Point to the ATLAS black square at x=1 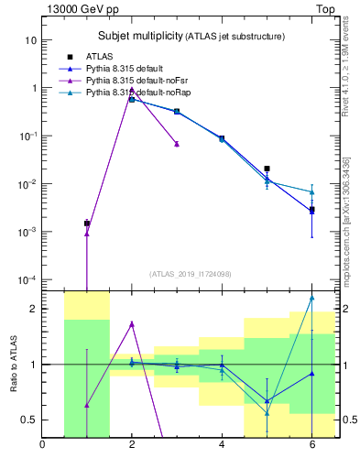pyautogui.click(x=87, y=224)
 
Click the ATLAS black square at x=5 pyautogui.click(x=267, y=169)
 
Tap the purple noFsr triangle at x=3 pyautogui.click(x=177, y=144)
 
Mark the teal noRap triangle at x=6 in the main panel pyautogui.click(x=311, y=191)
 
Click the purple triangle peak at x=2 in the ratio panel pyautogui.click(x=132, y=323)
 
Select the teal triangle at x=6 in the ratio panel pyautogui.click(x=311, y=298)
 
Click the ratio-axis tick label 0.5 pyautogui.click(x=28, y=420)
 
